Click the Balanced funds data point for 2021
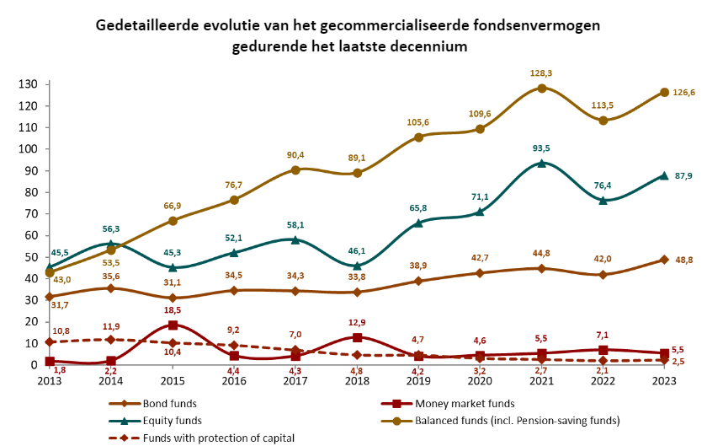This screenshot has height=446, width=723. point(542,88)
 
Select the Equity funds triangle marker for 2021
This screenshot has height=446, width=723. point(542,163)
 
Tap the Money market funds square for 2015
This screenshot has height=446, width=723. point(173,325)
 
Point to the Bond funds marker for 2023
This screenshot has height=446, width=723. point(664,260)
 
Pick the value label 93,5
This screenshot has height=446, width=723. point(541,148)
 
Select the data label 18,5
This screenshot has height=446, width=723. point(173,310)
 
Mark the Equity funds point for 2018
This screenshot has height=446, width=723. point(357,266)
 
